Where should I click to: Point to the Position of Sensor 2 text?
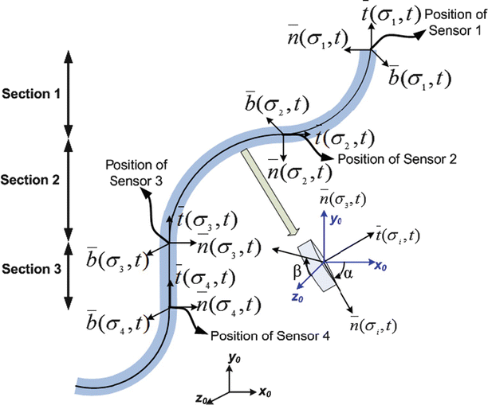pos(397,159)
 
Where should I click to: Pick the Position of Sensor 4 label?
pos(258,336)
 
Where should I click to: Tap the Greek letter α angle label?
pos(356,272)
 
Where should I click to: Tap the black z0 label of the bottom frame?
pos(203,397)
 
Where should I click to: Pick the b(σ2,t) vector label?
pos(274,103)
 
